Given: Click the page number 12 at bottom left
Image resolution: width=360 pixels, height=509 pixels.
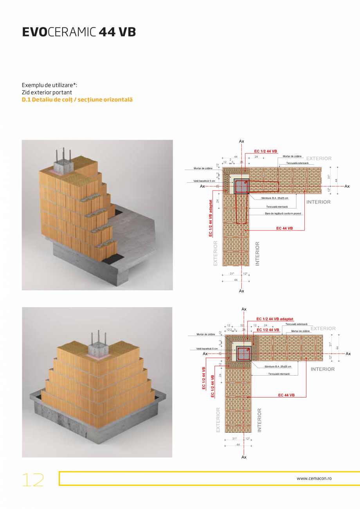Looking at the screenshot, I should coord(33,480).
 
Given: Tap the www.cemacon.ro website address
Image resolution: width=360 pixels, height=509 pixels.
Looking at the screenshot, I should coord(314,478).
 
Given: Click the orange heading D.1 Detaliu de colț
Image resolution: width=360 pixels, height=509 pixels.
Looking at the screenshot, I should coord(77,100).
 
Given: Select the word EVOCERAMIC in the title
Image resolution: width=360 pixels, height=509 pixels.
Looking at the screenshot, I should coord(59,32).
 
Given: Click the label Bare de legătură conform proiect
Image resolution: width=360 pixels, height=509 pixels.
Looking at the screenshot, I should coord(284,214).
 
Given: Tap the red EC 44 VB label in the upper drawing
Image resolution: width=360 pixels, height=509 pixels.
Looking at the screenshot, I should coord(284,228).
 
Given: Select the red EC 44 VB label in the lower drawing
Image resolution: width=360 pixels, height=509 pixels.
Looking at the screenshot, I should coord(286,395).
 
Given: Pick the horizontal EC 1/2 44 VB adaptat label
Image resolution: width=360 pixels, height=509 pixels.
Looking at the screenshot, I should coord(275,319).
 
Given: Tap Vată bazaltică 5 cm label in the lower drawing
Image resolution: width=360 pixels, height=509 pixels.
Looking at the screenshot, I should coord(207,348).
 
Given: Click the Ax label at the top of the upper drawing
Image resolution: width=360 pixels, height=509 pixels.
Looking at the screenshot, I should coord(241,141).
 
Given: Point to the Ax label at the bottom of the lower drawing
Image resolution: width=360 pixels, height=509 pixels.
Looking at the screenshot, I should coord(244,457).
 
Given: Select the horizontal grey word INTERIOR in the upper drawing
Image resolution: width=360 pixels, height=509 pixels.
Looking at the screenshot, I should coord(318,202).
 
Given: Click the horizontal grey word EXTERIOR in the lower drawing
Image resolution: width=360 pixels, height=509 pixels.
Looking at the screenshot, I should coord(323,329).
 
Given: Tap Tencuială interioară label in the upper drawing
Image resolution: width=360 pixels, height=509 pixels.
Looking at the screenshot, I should coord(277,207).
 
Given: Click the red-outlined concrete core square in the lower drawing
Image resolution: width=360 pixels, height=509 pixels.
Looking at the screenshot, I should coord(244,352).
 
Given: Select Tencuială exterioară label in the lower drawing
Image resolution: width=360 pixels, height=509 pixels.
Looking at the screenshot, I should coord(296,324).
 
